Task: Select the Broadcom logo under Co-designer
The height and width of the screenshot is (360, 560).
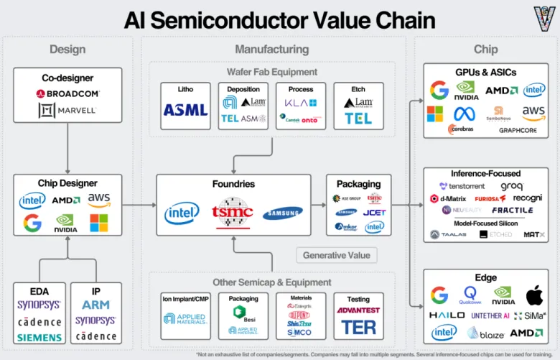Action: pos(67,93)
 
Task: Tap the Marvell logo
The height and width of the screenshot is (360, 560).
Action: pos(67,111)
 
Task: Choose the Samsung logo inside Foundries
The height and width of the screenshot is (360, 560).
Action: pos(282,213)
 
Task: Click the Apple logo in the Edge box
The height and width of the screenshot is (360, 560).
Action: pos(533,295)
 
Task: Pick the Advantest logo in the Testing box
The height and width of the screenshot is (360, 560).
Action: pos(359,310)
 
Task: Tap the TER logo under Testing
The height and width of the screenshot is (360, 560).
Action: pos(359,328)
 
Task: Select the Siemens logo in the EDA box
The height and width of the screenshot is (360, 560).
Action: pos(39,337)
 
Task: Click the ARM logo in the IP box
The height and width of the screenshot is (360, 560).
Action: pos(95,305)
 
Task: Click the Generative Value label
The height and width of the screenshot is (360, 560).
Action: pos(336,255)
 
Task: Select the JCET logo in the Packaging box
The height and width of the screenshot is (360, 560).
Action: pos(374,213)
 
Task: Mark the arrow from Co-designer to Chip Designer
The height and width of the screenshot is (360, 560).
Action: pos(67,148)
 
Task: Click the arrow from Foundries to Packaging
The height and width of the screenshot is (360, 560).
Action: pos(319,205)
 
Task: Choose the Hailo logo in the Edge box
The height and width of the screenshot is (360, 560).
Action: pos(447,315)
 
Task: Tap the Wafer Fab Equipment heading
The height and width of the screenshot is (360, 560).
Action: pos(271,71)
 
